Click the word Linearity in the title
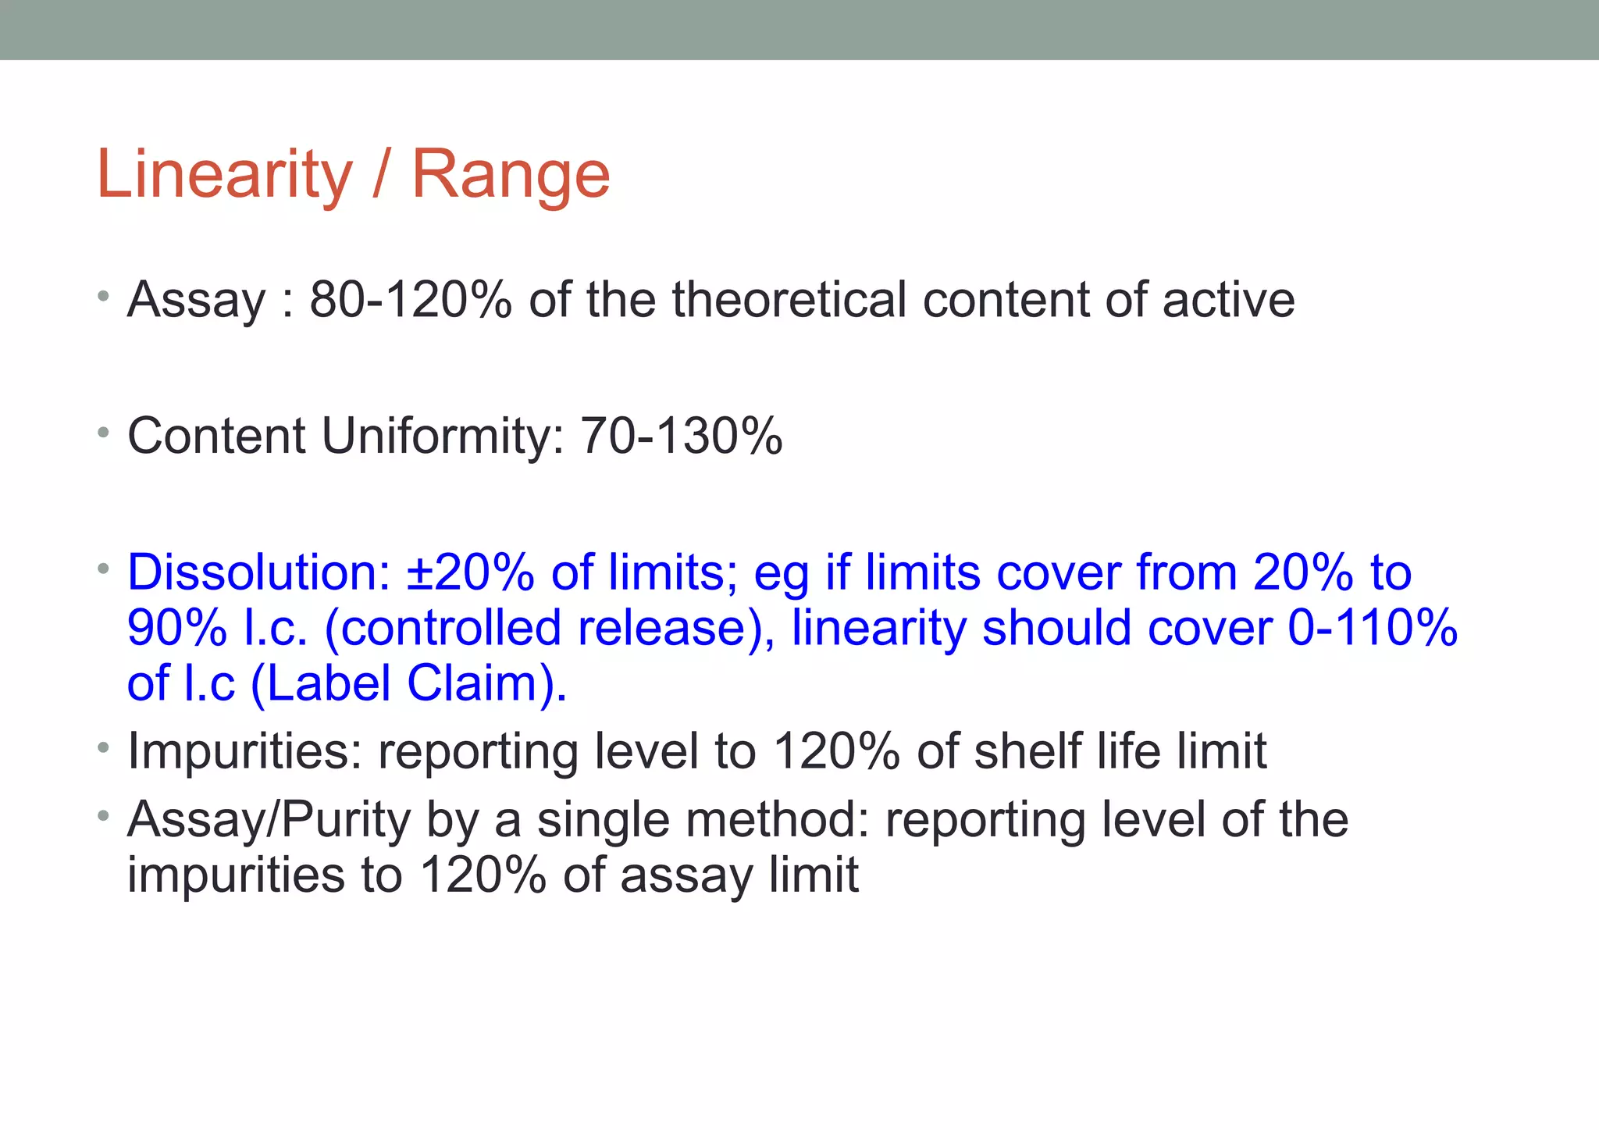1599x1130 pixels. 224,174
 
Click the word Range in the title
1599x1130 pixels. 511,174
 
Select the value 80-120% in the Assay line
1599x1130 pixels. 411,299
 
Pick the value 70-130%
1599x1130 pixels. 682,436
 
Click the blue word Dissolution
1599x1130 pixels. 258,572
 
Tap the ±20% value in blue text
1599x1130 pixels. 471,572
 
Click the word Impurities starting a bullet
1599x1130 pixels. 244,751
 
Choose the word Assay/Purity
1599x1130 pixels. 269,819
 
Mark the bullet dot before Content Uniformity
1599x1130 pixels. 104,432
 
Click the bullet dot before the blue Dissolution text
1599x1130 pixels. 104,569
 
